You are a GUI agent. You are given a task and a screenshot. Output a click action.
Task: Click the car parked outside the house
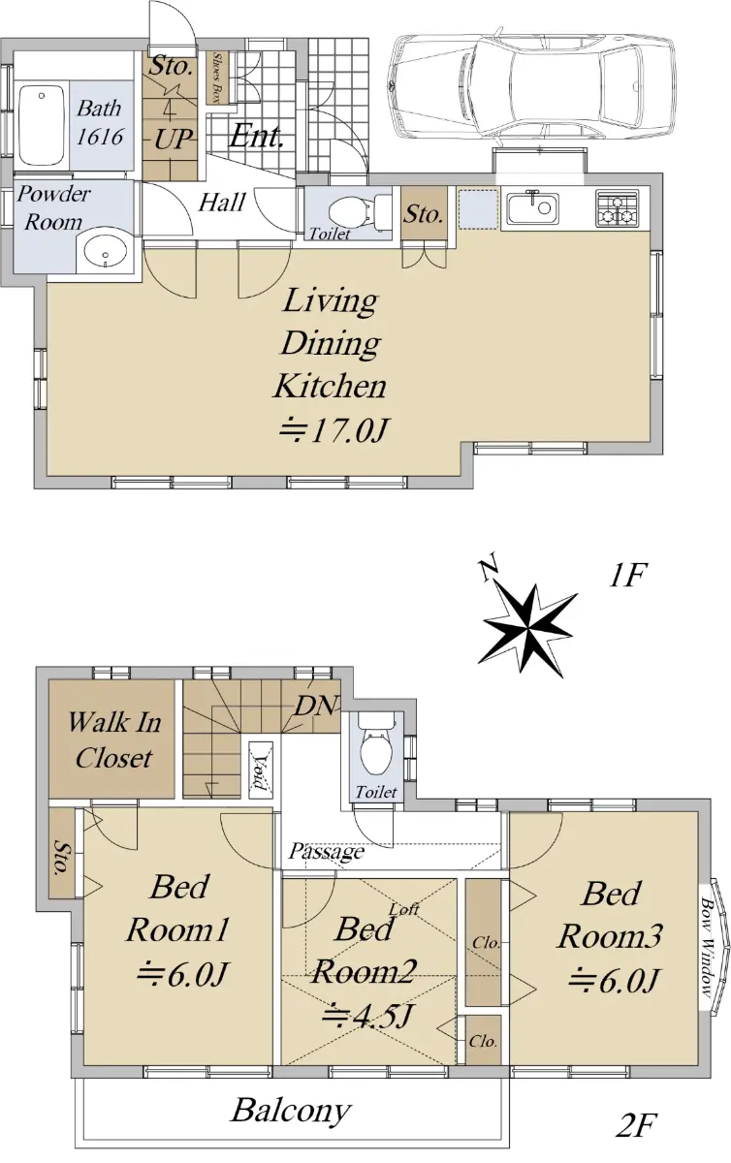coord(533,85)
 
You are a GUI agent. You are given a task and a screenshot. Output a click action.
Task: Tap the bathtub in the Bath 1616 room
coord(42,125)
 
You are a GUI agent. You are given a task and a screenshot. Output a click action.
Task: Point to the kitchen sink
coord(532,207)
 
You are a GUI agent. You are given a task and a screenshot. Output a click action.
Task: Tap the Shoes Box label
coord(218,78)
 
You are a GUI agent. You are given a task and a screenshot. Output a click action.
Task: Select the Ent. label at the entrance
coord(256,136)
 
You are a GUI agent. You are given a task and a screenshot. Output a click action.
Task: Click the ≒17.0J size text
coord(334,430)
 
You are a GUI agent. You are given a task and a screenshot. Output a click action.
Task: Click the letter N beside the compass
coord(488,569)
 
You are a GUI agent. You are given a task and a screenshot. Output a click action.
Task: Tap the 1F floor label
coord(627,575)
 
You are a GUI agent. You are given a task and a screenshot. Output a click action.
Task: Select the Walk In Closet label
coord(113,739)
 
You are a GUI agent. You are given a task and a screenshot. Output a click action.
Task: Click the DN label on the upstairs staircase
coord(316,706)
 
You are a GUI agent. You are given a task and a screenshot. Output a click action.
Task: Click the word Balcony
coord(291,1111)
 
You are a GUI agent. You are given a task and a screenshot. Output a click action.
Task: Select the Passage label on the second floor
coord(327,851)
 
